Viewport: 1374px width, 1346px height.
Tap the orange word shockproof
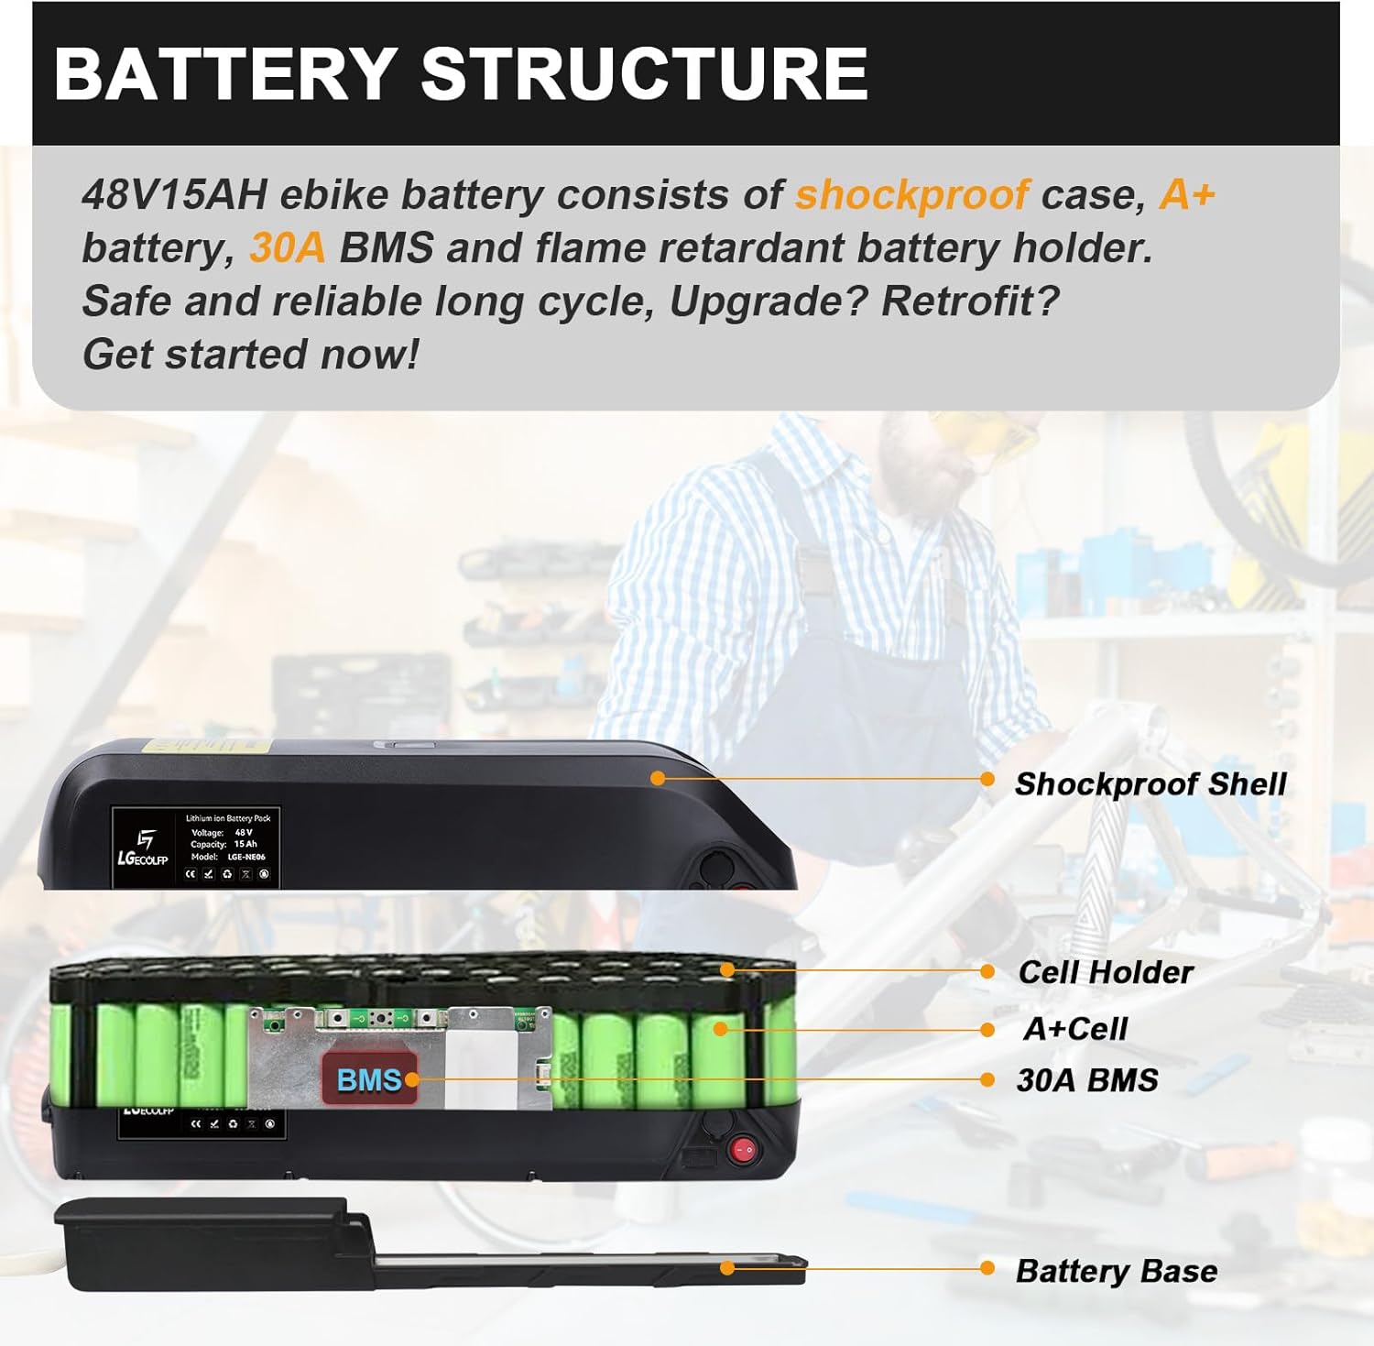(x=912, y=194)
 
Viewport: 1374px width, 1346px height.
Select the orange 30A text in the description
(x=287, y=248)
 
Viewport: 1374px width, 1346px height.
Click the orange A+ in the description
(x=1187, y=194)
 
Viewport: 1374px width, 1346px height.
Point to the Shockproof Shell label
(x=1150, y=784)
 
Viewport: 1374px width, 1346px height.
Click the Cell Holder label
(x=1105, y=972)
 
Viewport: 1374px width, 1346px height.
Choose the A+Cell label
(x=1074, y=1029)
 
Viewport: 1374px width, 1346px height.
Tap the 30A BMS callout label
(x=1087, y=1080)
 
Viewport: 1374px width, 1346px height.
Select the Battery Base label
(x=1117, y=1271)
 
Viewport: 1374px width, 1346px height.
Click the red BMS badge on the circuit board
(x=369, y=1079)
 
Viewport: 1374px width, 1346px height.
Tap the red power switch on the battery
(x=743, y=1148)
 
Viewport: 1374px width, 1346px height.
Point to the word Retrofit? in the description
(x=969, y=301)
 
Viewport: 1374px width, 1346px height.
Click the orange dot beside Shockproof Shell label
(x=987, y=780)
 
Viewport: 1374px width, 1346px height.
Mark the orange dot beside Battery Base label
(x=987, y=1268)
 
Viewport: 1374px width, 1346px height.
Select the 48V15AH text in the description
(x=174, y=194)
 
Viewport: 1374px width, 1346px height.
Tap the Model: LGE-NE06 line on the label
(x=228, y=857)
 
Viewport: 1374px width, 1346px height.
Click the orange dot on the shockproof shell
(x=657, y=778)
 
